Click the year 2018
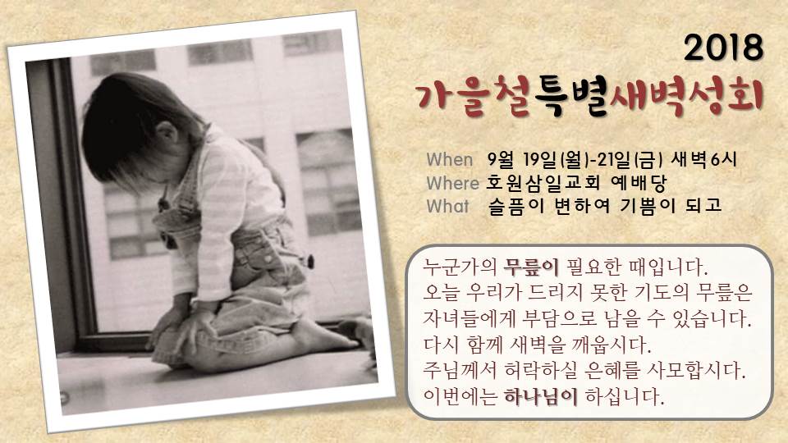[x=724, y=48]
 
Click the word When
[x=450, y=160]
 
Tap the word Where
[x=452, y=183]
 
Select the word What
[x=447, y=206]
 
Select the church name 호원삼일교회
[x=543, y=183]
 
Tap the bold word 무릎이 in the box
[x=531, y=267]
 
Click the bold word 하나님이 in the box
[x=541, y=397]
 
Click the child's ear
[x=167, y=135]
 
